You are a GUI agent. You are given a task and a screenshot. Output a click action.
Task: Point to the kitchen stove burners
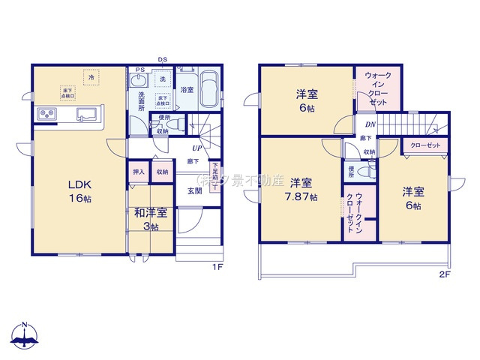46,114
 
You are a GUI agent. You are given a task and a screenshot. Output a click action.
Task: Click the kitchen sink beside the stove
83,115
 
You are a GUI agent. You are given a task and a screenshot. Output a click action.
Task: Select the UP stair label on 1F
196,148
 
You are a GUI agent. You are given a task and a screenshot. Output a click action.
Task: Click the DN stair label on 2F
370,124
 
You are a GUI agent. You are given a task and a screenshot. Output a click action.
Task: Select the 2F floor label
444,274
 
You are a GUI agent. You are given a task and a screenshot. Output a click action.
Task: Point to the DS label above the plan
162,60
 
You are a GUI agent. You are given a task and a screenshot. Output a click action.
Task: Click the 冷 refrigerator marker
91,77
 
